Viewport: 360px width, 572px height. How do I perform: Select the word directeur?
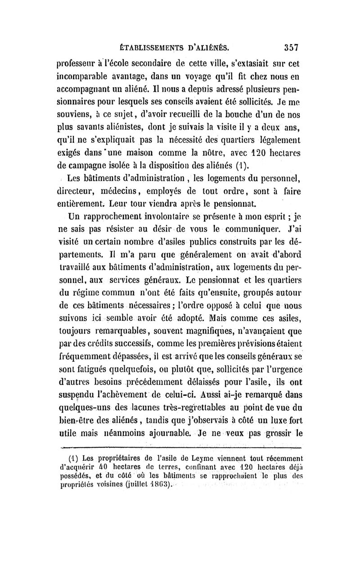[x=78, y=195]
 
